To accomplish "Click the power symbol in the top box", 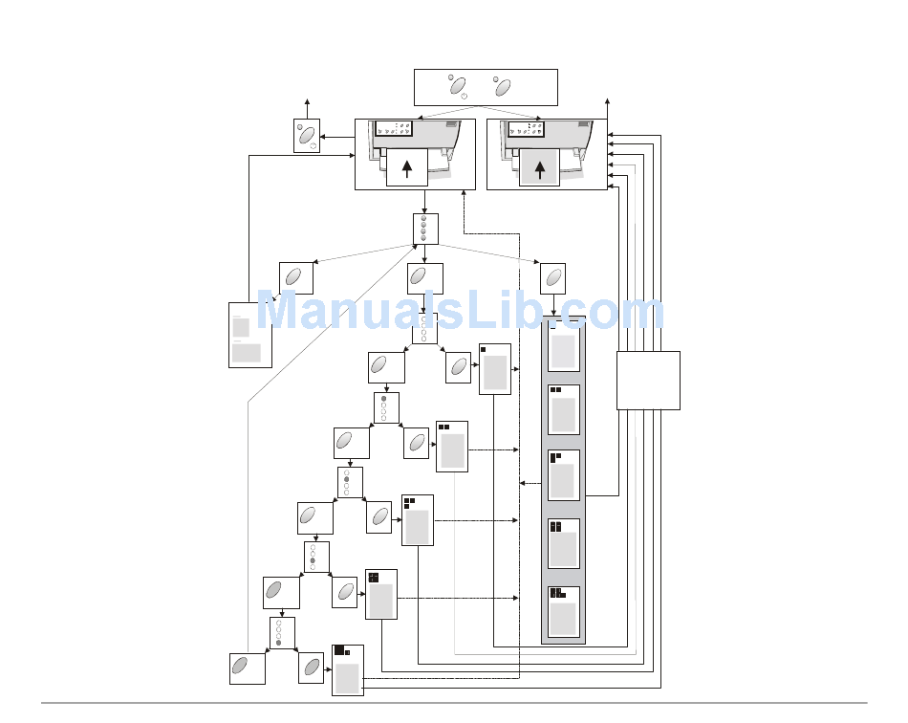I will point(464,96).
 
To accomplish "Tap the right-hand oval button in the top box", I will point(503,87).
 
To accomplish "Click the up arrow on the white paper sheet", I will point(407,169).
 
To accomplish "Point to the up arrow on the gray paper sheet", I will point(540,169).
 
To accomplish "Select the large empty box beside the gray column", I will point(648,380).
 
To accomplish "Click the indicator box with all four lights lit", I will point(425,229).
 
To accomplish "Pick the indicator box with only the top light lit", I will point(386,407).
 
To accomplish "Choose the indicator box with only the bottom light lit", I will point(281,632).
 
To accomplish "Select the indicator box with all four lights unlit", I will point(424,328).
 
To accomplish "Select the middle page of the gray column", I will point(563,475).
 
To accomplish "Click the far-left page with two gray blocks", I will point(246,335).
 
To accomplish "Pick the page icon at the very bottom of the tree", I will point(347,669).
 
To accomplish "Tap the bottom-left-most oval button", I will point(247,668).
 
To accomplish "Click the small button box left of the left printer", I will point(306,136).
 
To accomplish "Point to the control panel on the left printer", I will point(393,128).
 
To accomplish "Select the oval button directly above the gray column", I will point(551,278).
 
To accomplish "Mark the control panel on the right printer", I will point(526,128).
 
